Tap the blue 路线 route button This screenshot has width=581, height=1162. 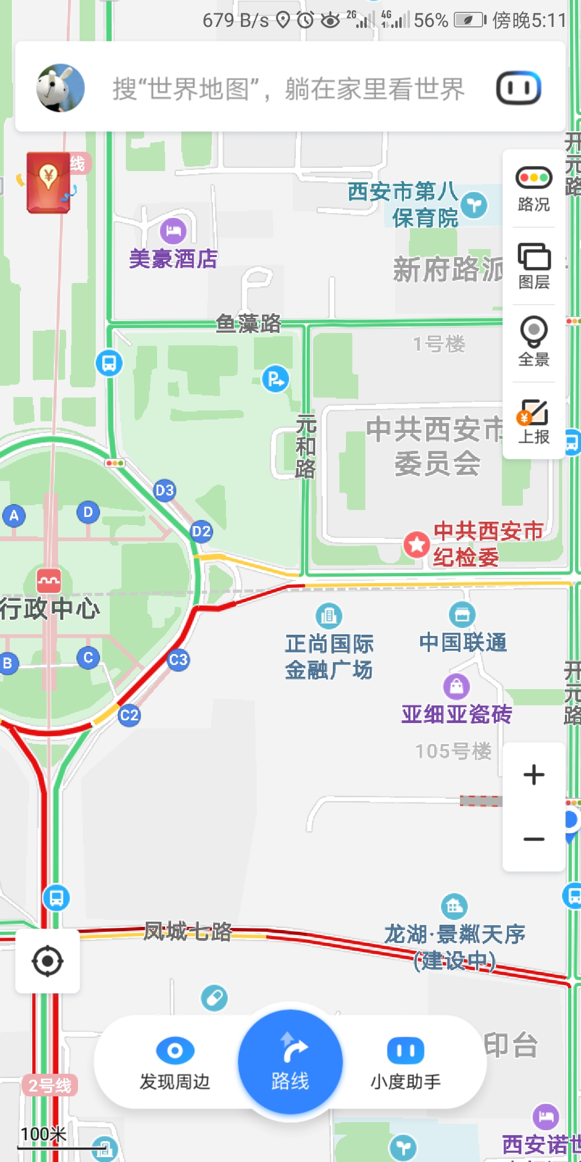290,1061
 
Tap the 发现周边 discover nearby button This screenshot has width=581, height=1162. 175,1063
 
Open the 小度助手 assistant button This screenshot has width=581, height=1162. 406,1063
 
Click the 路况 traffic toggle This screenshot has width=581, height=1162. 534,189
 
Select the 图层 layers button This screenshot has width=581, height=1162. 534,266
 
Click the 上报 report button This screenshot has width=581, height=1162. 534,421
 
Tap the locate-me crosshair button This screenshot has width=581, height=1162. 47,961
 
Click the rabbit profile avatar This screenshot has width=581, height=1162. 60,88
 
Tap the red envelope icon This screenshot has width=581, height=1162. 48,182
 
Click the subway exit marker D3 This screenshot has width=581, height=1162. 165,490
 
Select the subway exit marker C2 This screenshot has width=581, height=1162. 129,715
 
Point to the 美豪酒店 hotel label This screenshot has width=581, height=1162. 173,259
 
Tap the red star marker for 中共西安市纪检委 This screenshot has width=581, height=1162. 416,544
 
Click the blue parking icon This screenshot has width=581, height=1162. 275,379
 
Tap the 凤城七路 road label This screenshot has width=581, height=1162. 188,931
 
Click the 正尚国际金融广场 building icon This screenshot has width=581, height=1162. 329,615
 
